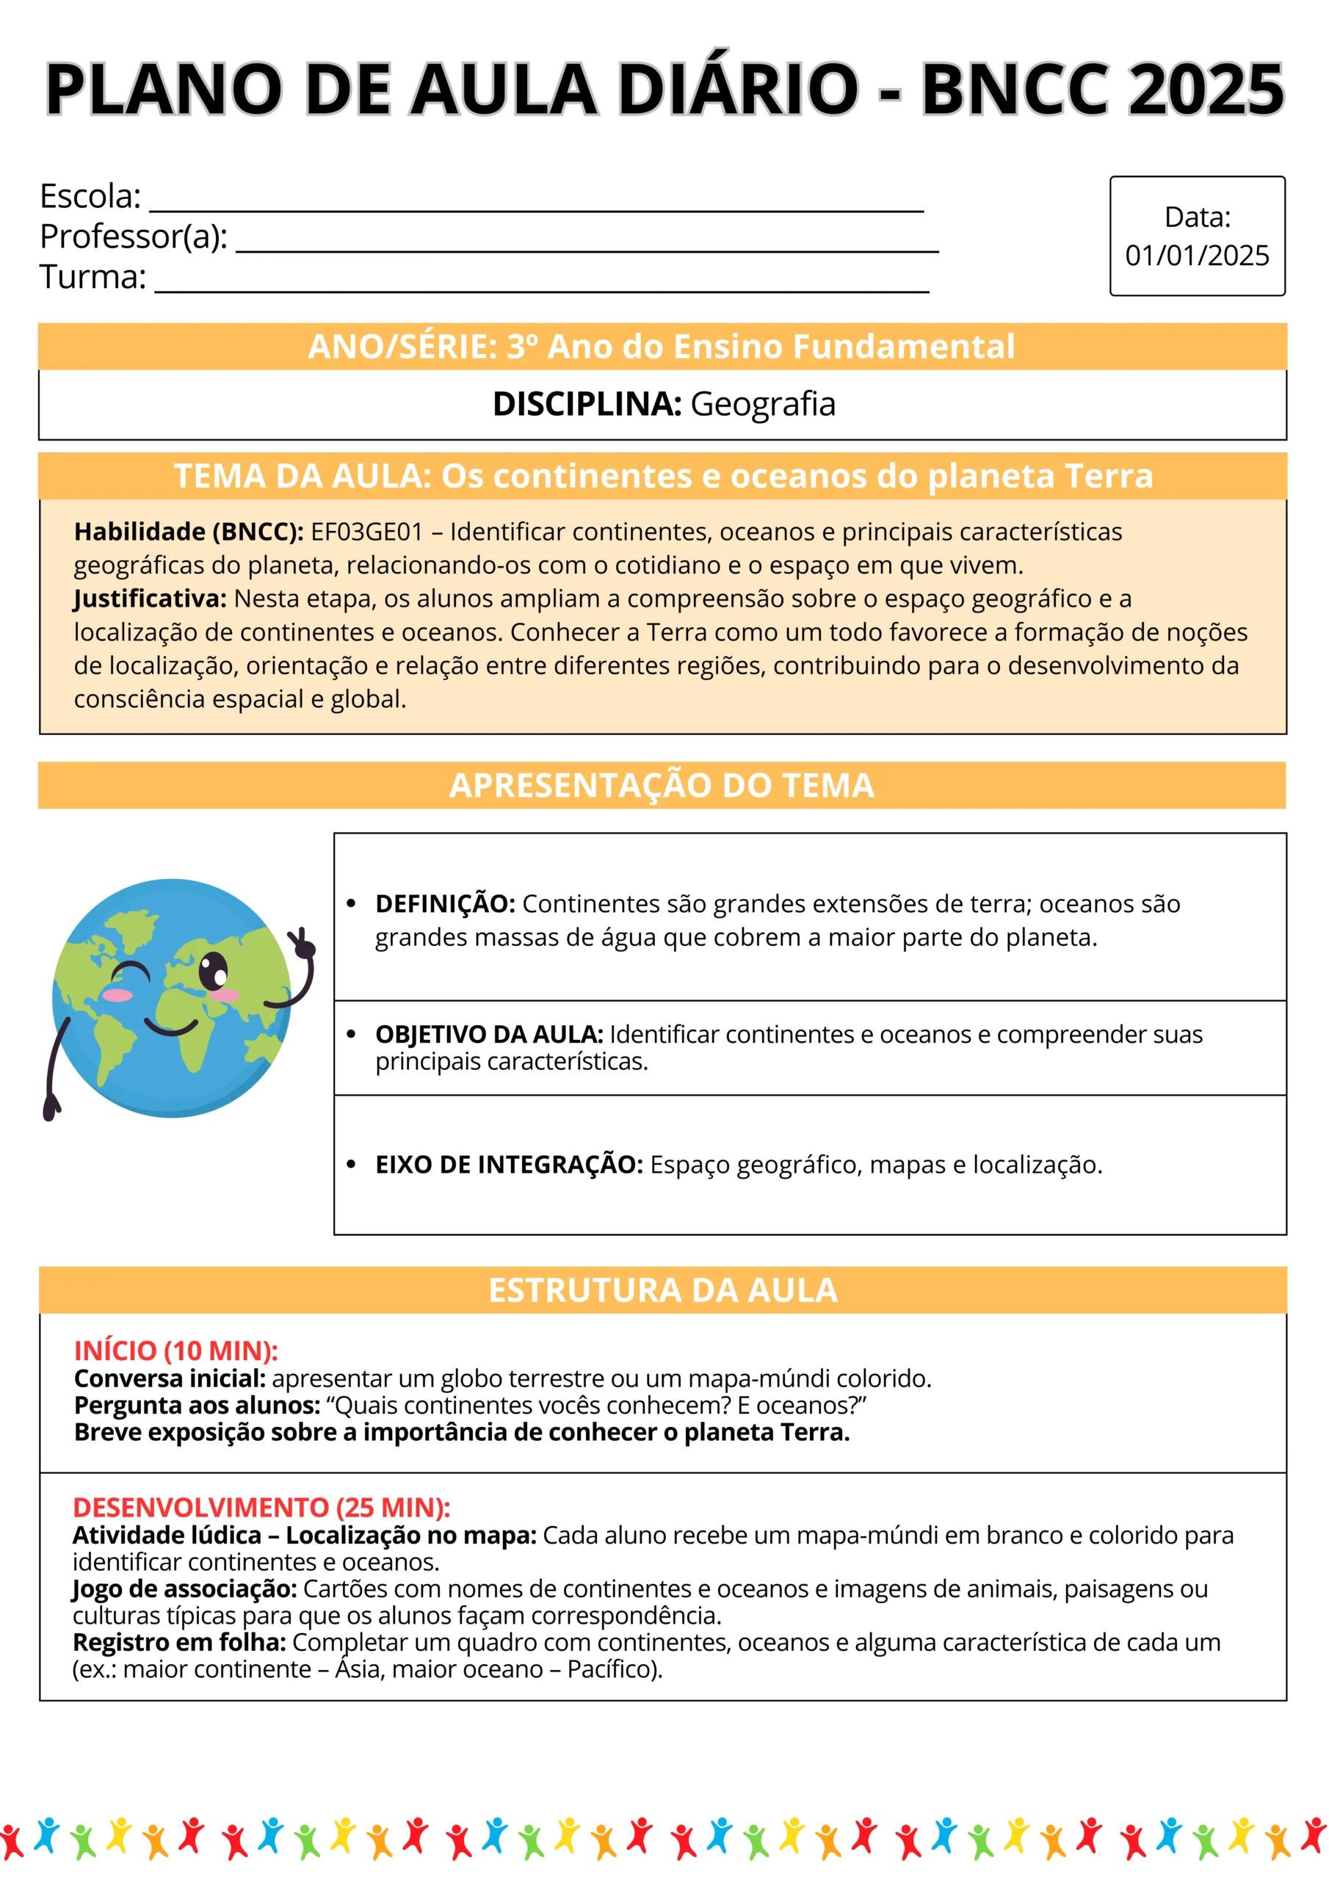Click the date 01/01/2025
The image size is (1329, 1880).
point(1196,256)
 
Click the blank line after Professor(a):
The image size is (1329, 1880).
point(586,248)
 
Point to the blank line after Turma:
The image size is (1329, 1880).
point(541,287)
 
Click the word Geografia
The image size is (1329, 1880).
point(762,405)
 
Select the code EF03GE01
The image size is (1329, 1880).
point(366,532)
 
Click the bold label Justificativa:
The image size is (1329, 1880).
point(150,599)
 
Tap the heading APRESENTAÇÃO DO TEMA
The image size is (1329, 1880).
point(662,785)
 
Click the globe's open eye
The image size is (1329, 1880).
point(214,971)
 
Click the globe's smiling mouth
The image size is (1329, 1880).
point(171,1026)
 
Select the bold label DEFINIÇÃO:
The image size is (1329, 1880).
point(445,904)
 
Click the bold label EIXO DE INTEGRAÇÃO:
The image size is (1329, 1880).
point(509,1165)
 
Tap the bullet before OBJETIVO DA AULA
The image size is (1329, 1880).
point(351,1034)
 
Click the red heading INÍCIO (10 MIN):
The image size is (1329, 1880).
point(176,1351)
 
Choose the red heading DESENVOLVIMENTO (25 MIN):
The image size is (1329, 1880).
point(261,1508)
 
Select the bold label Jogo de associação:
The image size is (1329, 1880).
point(184,1588)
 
